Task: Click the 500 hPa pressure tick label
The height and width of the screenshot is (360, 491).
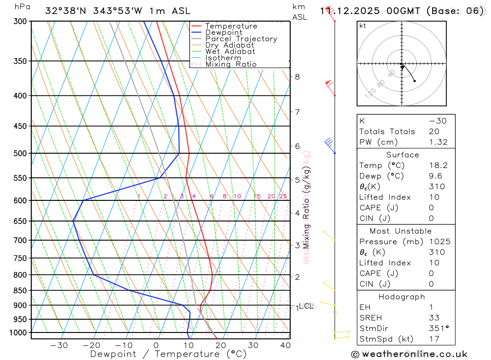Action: click(20, 153)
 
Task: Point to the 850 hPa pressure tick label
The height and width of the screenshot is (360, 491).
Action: click(20, 290)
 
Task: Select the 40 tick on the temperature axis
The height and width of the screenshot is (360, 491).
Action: click(285, 345)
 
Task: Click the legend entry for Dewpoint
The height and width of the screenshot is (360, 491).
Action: click(223, 32)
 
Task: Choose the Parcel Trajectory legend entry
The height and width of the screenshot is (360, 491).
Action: click(241, 39)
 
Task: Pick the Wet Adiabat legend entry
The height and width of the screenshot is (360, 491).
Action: click(230, 52)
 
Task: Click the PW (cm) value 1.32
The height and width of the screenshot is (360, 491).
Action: click(438, 142)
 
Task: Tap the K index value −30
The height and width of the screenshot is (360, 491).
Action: click(437, 121)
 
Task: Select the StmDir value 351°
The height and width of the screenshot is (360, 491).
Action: click(438, 329)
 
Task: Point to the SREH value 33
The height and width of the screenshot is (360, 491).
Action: click(434, 318)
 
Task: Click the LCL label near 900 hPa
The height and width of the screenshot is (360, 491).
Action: click(306, 306)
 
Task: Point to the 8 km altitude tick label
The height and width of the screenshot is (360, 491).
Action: click(297, 77)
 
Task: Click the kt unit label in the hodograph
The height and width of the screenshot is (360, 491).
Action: click(363, 26)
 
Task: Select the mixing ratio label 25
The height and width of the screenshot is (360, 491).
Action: click(283, 196)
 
